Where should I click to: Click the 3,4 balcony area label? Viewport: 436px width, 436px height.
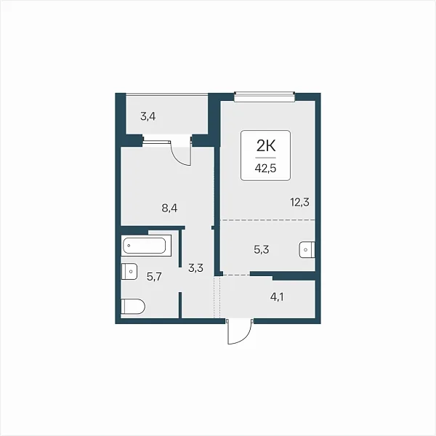(x=148, y=116)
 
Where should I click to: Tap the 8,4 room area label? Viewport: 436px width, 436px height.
(x=169, y=208)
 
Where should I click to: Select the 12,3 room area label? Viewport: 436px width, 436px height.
(x=299, y=202)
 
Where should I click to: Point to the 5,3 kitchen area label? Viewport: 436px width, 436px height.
(x=262, y=250)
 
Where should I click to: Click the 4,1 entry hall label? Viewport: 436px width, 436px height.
(x=277, y=297)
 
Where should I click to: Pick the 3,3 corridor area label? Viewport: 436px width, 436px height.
(x=195, y=268)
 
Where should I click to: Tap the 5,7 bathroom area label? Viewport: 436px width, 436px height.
(x=154, y=277)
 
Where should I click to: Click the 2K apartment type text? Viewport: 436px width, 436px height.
(x=266, y=146)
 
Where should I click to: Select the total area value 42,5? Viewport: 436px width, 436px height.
(x=265, y=169)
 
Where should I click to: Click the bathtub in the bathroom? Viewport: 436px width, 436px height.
(x=146, y=246)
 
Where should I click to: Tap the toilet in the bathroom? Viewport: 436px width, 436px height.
(x=133, y=307)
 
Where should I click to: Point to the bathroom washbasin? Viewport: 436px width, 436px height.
(x=129, y=271)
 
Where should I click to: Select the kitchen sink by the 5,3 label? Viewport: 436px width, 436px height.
(x=307, y=250)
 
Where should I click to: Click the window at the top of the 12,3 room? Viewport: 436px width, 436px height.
(x=265, y=97)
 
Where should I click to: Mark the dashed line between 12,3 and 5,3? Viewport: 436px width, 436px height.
(x=267, y=220)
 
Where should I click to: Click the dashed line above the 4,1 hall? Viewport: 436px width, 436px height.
(x=237, y=275)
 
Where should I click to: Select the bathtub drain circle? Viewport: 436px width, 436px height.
(x=129, y=246)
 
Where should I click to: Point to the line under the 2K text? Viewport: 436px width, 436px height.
(x=266, y=158)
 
